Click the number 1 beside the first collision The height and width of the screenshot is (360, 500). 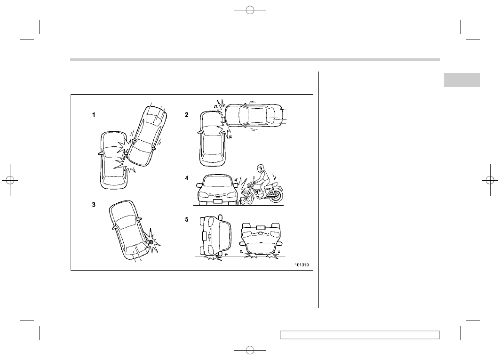pos(94,115)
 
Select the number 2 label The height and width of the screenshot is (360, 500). pos(187,115)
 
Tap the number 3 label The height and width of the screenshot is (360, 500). pos(94,205)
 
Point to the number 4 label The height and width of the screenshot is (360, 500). pos(187,178)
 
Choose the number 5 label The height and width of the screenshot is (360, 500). pos(187,220)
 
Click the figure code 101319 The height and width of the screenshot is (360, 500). pos(302,265)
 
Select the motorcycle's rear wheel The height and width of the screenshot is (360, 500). pos(276,195)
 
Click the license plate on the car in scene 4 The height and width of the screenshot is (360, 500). pos(218,201)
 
